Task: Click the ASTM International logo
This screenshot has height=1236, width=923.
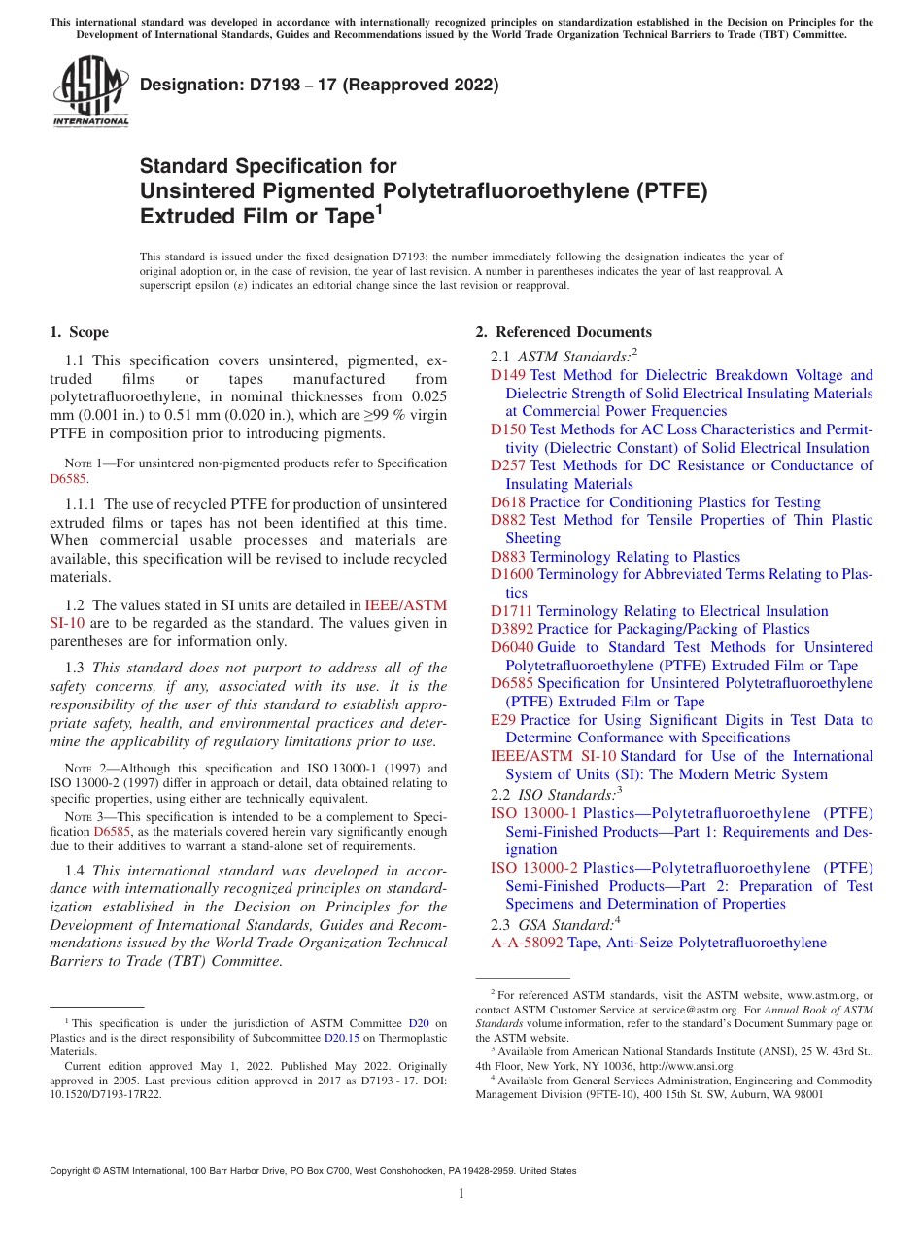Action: point(90,91)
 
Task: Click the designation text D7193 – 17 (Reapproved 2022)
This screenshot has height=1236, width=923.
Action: point(319,85)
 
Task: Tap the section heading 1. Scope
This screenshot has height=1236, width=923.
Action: point(80,332)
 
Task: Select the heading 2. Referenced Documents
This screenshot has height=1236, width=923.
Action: point(564,332)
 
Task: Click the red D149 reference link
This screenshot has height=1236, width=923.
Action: point(508,375)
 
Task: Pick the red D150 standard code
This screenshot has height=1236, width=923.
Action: point(508,429)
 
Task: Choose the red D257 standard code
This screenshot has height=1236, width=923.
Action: point(508,465)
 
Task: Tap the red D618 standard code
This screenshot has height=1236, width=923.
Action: point(508,502)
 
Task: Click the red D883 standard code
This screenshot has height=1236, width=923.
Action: point(508,557)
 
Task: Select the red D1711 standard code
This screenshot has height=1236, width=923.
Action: point(512,611)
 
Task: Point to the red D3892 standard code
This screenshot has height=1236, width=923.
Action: point(512,629)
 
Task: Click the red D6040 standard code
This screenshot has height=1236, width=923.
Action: point(512,647)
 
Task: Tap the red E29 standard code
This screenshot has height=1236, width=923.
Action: point(503,720)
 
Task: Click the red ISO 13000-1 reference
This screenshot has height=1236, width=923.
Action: point(534,812)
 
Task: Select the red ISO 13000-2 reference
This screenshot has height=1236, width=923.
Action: point(534,867)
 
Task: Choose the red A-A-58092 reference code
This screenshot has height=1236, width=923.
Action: point(529,943)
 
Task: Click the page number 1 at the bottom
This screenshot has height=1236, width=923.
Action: point(461,1194)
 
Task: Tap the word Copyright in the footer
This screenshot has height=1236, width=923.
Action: point(74,1171)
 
